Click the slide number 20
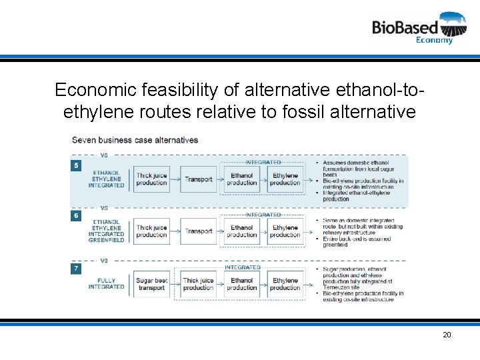point(447,335)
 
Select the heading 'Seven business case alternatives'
point(135,140)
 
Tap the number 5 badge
point(77,165)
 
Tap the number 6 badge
point(77,216)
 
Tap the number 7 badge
point(77,268)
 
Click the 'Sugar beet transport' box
point(151,284)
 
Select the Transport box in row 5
point(199,179)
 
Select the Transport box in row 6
point(199,231)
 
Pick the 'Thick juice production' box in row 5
point(151,179)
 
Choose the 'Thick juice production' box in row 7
point(198,284)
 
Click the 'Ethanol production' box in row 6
point(241,231)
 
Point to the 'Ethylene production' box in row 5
point(285,179)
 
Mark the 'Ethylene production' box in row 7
point(285,284)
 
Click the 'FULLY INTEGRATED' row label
point(106,284)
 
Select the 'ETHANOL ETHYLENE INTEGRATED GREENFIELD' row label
point(107,231)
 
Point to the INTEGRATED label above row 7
point(242,267)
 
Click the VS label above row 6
point(104,208)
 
